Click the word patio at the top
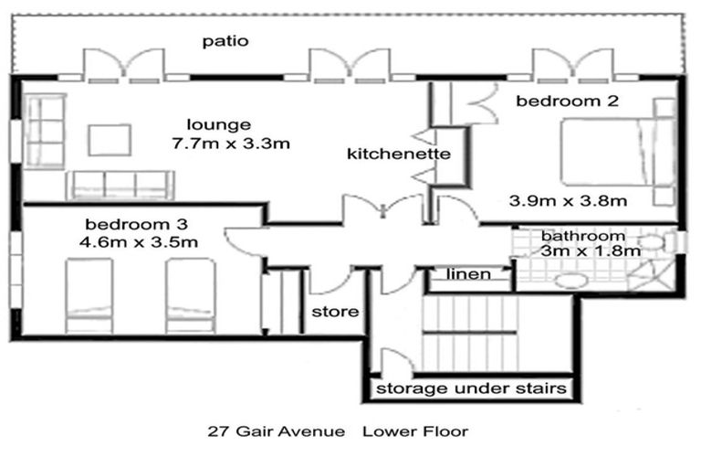225,40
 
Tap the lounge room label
218,124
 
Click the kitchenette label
399,154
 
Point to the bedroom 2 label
555,101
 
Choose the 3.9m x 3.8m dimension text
567,199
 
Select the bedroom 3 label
127,224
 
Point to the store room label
335,312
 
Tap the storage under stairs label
472,388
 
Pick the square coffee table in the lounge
110,139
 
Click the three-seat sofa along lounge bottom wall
120,185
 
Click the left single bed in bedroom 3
89,296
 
